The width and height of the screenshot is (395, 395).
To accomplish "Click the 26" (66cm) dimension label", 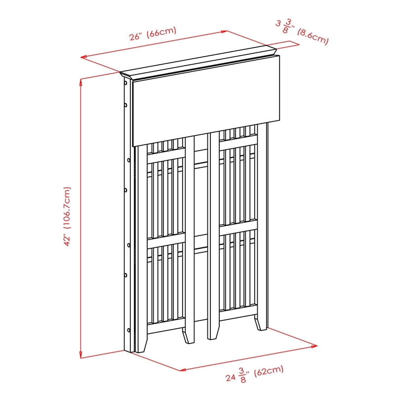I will (153, 33).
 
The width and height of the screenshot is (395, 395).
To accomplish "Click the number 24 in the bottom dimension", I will (230, 378).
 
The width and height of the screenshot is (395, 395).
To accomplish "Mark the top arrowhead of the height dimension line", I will (80, 82).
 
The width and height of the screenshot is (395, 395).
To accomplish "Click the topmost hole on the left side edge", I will (125, 83).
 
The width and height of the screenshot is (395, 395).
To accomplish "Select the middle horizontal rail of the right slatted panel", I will (238, 227).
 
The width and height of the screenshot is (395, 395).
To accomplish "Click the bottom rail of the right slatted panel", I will (238, 311).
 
